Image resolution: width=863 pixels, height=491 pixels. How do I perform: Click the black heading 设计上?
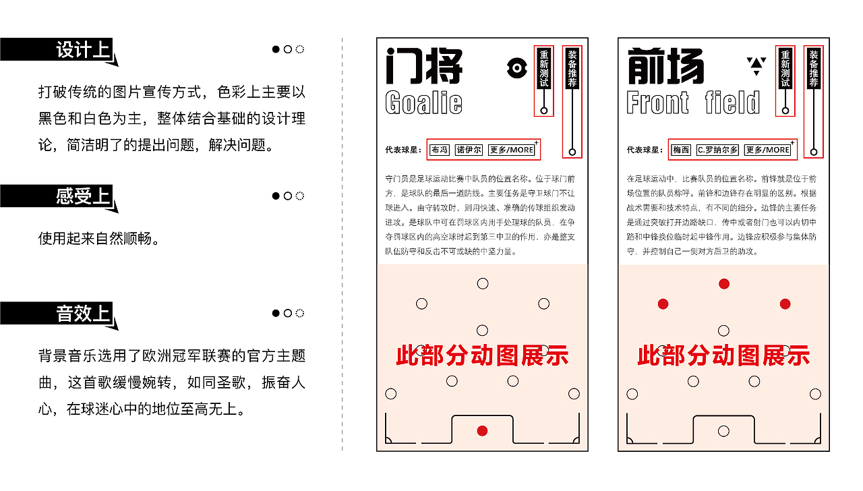82,50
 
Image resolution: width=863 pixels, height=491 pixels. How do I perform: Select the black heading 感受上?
82,196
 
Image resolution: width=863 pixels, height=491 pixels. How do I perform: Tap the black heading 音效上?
82,314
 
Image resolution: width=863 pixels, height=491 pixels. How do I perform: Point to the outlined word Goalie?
423,103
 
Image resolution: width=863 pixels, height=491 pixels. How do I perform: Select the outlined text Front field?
693,103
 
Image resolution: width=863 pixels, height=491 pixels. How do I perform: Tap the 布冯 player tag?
440,150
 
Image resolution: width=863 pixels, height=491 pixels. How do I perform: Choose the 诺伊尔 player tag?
469,150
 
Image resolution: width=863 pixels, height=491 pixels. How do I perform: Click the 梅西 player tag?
681,150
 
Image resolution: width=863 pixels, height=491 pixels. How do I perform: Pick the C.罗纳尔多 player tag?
717,150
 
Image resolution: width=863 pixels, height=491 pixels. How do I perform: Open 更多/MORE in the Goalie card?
512,150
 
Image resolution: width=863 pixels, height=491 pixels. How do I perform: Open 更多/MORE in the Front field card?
767,150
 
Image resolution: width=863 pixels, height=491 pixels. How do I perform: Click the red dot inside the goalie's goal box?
482,431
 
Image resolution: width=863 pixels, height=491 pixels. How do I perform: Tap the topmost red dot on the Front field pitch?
723,284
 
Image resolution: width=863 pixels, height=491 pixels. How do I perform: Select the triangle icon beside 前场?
756,65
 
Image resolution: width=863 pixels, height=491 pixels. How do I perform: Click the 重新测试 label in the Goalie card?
544,68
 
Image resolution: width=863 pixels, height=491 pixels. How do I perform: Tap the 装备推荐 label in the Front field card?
814,68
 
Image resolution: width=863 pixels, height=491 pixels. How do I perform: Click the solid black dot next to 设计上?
276,49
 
